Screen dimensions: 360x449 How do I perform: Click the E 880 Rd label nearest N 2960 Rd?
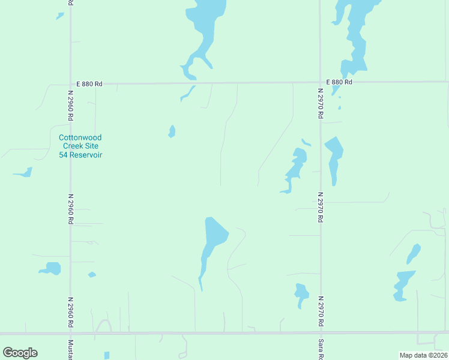pos(89,85)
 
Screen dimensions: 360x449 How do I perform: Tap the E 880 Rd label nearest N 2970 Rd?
pos(339,82)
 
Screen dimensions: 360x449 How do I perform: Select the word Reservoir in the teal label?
pos(89,155)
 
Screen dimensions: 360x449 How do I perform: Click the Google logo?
pos(20,352)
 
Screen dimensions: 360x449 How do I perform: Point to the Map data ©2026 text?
pos(423,355)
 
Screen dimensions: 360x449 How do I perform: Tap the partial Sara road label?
pos(321,348)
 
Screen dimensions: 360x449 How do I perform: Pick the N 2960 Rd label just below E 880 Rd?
pos(71,105)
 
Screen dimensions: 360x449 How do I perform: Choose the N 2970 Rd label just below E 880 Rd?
pos(321,104)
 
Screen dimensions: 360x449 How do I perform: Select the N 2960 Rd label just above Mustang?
pos(71,312)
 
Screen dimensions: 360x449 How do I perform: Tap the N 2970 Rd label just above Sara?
pos(321,311)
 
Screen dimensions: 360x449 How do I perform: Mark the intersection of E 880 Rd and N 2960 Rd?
pos(71,84)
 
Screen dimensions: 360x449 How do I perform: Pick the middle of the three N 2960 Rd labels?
pos(71,209)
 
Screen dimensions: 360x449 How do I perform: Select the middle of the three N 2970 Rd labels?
pos(321,207)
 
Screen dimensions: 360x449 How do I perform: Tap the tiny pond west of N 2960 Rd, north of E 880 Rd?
pos(59,16)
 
